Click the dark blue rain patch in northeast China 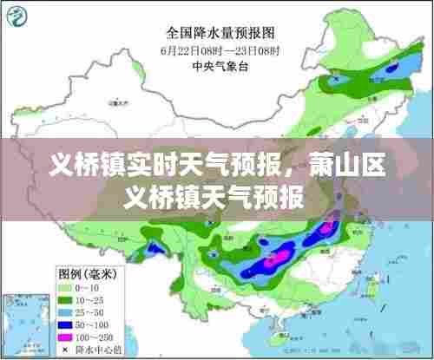pos(395,69)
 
